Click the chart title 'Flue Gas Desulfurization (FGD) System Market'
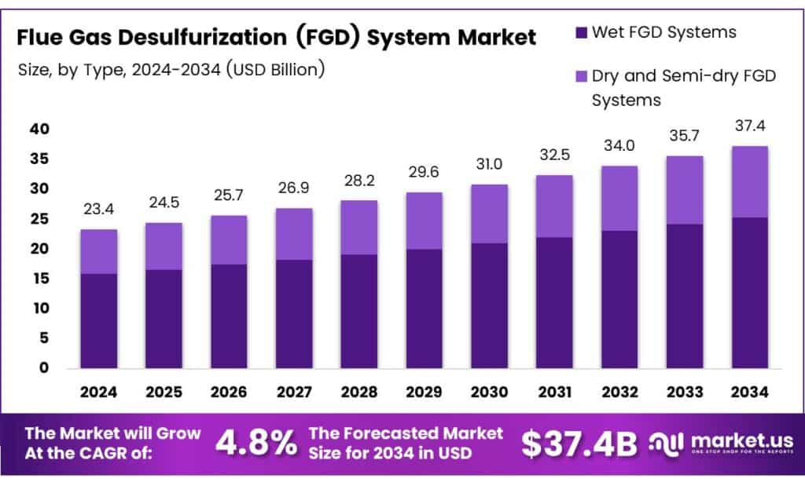277,37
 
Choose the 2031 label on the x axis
554,392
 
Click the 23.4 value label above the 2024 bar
98,210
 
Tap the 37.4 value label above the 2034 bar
749,126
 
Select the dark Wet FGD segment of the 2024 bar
98,320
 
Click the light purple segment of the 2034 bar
749,181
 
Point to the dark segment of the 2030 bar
489,305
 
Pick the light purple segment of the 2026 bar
228,239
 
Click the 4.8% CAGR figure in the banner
256,444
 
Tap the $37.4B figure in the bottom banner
579,444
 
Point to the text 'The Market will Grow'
112,433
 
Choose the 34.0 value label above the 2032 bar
619,146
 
